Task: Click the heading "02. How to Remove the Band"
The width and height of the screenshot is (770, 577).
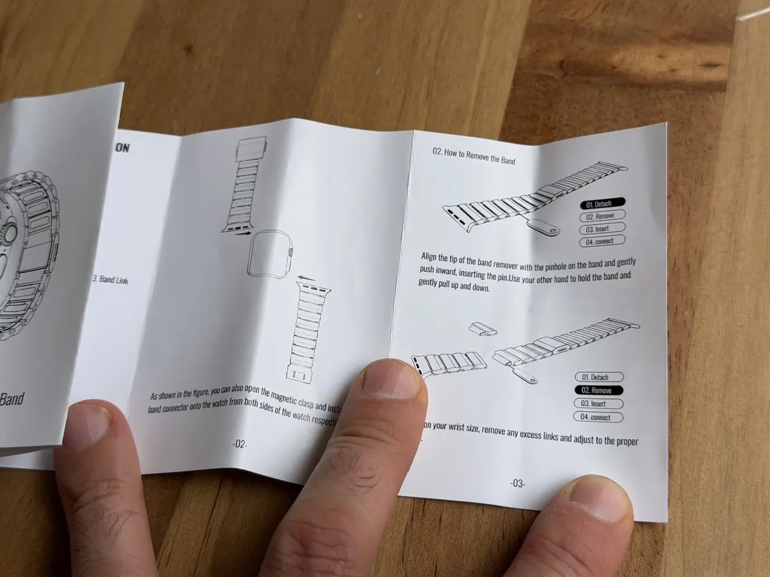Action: tap(474, 156)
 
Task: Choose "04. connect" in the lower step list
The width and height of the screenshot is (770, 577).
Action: tap(597, 417)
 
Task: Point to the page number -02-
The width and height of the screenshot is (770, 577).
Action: tap(240, 444)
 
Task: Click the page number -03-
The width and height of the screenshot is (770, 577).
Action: tap(517, 483)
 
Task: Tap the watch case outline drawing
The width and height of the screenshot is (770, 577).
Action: tap(269, 253)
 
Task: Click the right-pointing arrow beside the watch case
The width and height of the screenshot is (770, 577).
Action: tap(242, 235)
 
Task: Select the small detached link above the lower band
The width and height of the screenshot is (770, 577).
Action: tap(483, 330)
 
